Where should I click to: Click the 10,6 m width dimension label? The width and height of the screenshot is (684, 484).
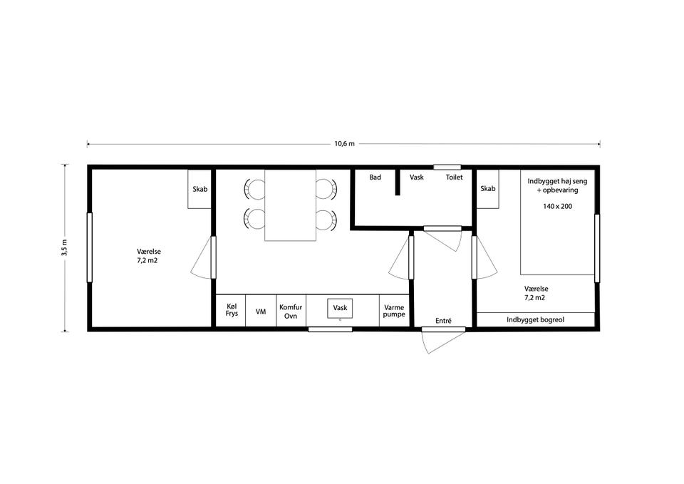pyautogui.click(x=345, y=143)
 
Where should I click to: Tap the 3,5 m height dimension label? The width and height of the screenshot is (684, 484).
pyautogui.click(x=63, y=247)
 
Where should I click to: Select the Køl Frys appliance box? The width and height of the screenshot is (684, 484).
pyautogui.click(x=231, y=310)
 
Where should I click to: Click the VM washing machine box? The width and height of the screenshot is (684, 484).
pyautogui.click(x=261, y=310)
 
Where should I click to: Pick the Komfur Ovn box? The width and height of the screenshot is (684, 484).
pyautogui.click(x=291, y=310)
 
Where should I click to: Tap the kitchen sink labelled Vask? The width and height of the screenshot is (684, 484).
pyautogui.click(x=340, y=308)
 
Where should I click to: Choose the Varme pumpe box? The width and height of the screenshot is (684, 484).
pyautogui.click(x=394, y=310)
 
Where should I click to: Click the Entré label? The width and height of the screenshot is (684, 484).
pyautogui.click(x=443, y=320)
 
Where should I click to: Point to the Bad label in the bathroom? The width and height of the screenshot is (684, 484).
pyautogui.click(x=375, y=177)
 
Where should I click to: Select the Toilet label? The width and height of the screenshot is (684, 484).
pyautogui.click(x=454, y=177)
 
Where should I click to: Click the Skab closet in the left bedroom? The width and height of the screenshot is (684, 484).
pyautogui.click(x=199, y=189)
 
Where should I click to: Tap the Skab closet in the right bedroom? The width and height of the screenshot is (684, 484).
pyautogui.click(x=487, y=189)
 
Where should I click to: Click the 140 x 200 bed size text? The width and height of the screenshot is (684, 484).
pyautogui.click(x=557, y=206)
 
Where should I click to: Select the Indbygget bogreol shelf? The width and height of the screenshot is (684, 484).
pyautogui.click(x=536, y=319)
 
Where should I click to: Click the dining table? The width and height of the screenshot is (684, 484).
pyautogui.click(x=290, y=205)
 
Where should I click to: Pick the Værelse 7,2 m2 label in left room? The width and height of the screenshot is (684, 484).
pyautogui.click(x=148, y=256)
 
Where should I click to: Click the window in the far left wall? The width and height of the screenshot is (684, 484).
pyautogui.click(x=90, y=247)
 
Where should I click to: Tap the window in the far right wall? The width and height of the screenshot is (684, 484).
pyautogui.click(x=597, y=248)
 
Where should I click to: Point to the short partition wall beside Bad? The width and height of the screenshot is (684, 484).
pyautogui.click(x=398, y=182)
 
